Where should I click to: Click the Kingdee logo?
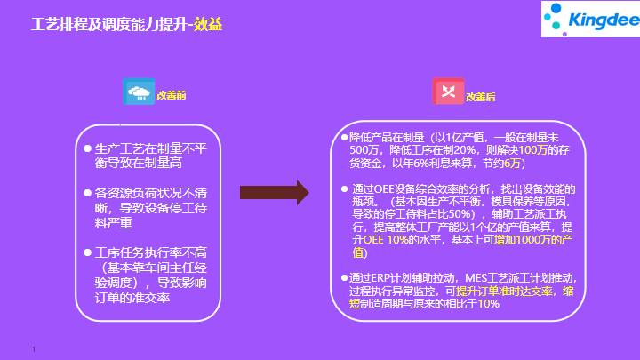tap(590, 20)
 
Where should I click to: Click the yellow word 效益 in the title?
tap(208, 25)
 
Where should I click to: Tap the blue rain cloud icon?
tap(139, 92)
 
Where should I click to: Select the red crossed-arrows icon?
tap(448, 91)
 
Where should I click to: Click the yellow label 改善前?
tap(172, 95)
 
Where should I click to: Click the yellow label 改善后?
tap(480, 97)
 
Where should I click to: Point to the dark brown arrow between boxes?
tap(275, 192)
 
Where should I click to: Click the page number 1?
tap(34, 349)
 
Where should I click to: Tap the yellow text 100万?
tap(532, 150)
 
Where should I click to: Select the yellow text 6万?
tap(512, 164)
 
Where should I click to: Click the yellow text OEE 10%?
tap(386, 240)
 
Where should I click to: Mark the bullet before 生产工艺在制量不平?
tap(87, 148)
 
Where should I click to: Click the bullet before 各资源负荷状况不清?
tap(87, 193)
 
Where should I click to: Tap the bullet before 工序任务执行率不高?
tap(87, 252)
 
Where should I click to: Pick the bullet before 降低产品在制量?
tap(345, 138)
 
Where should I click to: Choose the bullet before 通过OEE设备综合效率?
tap(345, 189)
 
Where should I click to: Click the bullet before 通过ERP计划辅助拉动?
tap(345, 278)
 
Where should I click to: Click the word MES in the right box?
tap(476, 278)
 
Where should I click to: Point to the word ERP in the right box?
tap(380, 278)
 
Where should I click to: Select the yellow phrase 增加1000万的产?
tap(533, 240)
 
